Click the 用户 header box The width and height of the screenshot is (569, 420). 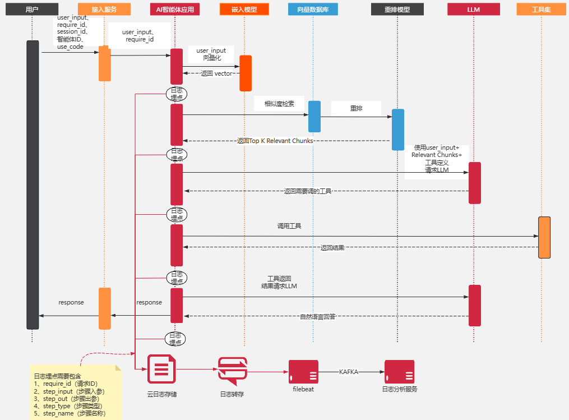(32, 10)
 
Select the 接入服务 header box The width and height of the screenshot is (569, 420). (104, 10)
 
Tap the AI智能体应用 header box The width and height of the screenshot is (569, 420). (175, 10)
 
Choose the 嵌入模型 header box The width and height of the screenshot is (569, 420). (244, 10)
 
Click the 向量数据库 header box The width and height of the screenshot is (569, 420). (313, 10)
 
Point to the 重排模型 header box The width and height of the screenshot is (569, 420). (397, 10)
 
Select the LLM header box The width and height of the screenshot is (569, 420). (474, 10)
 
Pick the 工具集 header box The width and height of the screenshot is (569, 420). (542, 10)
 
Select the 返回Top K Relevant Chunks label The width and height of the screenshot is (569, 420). (275, 141)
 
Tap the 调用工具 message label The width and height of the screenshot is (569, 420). (289, 226)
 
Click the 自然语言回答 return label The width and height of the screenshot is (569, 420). (318, 317)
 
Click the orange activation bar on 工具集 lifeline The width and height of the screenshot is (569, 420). (544, 237)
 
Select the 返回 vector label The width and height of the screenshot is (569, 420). (216, 73)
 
